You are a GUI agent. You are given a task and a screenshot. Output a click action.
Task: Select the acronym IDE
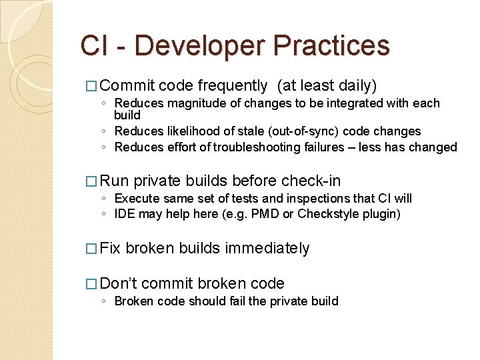click(x=125, y=214)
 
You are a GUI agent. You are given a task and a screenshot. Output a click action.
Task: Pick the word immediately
click(x=267, y=249)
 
